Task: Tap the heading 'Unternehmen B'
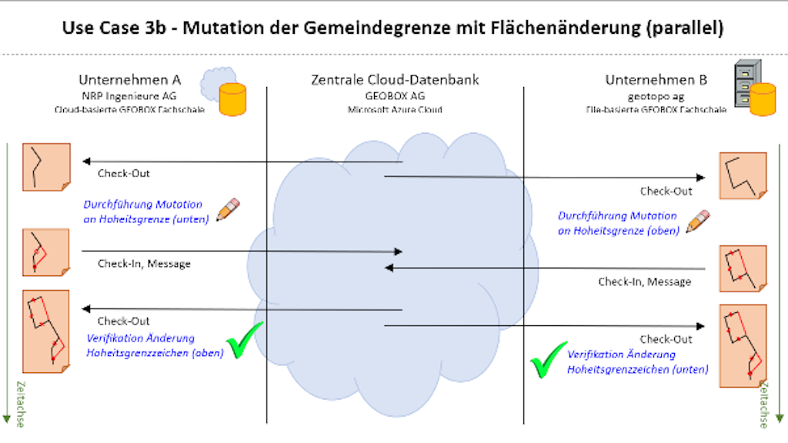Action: click(656, 80)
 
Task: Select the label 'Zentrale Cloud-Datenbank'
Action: click(395, 80)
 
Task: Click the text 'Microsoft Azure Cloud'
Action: click(395, 109)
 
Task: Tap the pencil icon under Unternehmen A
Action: click(229, 210)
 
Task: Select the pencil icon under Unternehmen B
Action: click(698, 221)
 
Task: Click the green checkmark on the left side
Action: click(245, 341)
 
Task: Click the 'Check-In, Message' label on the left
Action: click(144, 264)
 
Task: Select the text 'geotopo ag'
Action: click(656, 97)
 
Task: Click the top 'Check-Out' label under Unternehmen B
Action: click(666, 192)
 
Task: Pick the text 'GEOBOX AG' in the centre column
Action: click(395, 97)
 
